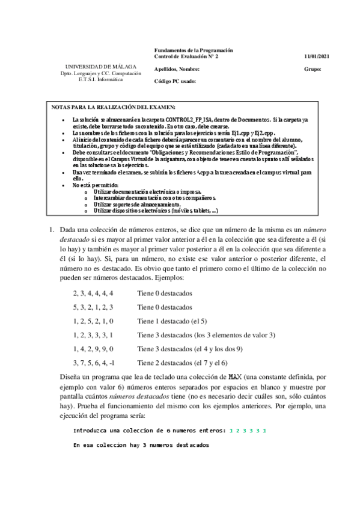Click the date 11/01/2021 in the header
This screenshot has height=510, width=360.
tap(317, 57)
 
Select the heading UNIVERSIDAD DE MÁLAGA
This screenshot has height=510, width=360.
tap(100, 66)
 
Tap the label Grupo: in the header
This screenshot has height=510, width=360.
tap(313, 69)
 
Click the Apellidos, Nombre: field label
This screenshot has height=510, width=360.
tap(177, 69)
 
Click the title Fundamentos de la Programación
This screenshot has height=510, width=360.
tap(194, 51)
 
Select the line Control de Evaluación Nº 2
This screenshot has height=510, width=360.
tap(186, 57)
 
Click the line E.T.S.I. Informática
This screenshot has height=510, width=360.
tap(100, 79)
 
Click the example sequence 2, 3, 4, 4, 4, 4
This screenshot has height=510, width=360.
tap(93, 293)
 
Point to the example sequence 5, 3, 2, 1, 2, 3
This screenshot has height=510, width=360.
tap(93, 307)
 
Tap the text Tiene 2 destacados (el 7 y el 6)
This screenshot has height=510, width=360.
tap(182, 363)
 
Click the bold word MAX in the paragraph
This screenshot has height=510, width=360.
tap(235, 376)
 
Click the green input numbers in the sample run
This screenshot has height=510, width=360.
tap(248, 431)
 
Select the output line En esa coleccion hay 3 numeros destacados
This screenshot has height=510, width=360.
tap(141, 445)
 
